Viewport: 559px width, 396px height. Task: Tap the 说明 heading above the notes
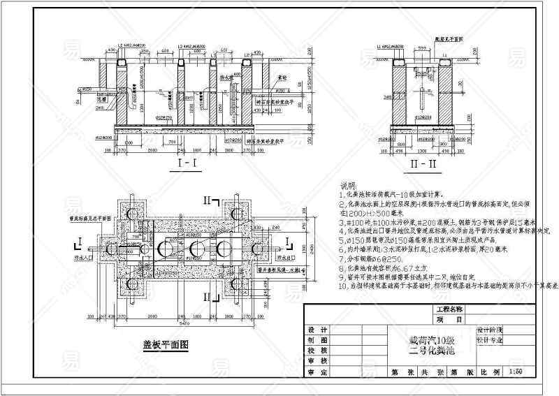point(348,186)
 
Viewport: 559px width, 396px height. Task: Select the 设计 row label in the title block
point(318,329)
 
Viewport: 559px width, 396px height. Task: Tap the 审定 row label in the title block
point(318,373)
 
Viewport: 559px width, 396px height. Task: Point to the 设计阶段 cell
point(489,329)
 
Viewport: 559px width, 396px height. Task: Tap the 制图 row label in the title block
point(318,340)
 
